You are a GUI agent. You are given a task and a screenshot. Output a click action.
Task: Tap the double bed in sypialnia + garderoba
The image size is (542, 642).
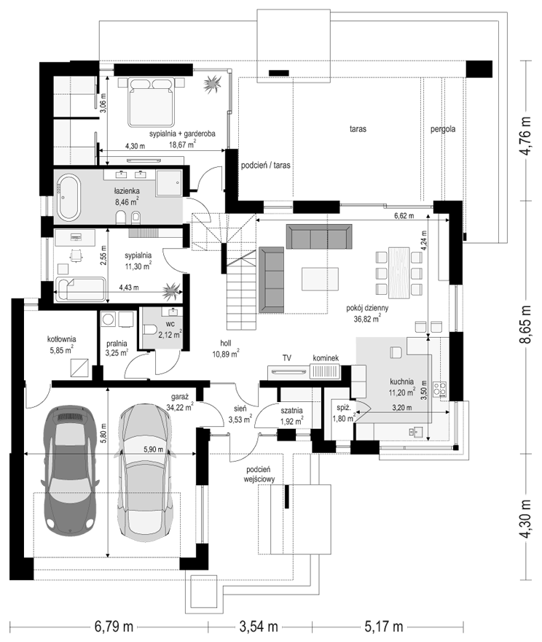click(x=150, y=102)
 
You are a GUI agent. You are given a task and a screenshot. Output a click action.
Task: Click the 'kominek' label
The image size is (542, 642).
click(x=326, y=358)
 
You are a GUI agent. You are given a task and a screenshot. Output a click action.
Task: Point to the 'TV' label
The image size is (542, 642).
click(x=287, y=358)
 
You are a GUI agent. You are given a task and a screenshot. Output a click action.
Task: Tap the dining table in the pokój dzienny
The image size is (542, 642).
click(x=398, y=272)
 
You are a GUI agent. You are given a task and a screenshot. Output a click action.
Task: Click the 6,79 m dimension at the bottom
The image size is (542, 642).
click(x=114, y=627)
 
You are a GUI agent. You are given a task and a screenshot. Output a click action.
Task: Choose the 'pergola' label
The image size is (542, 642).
click(x=443, y=129)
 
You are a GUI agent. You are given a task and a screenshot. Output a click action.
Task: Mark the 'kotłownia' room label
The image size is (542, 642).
click(x=62, y=339)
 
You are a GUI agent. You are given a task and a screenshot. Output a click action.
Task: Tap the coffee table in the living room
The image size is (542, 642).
click(x=320, y=279)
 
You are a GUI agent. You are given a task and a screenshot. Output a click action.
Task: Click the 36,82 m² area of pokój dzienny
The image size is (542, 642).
click(x=367, y=318)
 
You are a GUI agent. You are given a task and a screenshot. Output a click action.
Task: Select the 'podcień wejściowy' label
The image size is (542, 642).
click(x=259, y=474)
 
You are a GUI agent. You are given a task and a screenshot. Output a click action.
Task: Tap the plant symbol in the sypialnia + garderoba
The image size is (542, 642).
click(x=213, y=85)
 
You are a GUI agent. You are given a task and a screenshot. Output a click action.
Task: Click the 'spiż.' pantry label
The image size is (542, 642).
click(x=343, y=409)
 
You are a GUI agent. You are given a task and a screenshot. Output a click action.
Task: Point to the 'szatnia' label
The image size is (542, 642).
click(x=291, y=410)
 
